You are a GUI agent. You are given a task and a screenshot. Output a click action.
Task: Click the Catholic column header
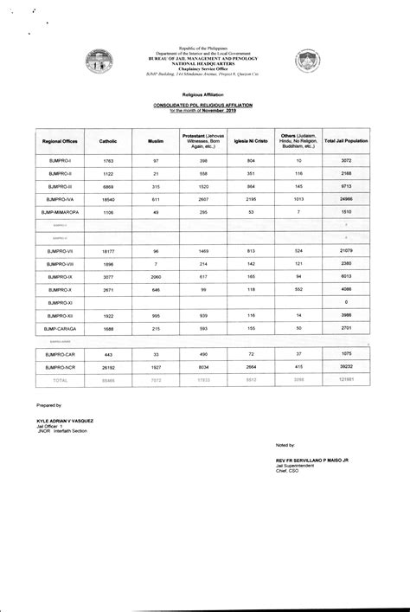coord(108,140)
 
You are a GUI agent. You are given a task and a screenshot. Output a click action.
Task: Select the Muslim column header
coord(156,140)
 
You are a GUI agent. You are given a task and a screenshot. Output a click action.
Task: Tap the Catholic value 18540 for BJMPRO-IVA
coord(108,198)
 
